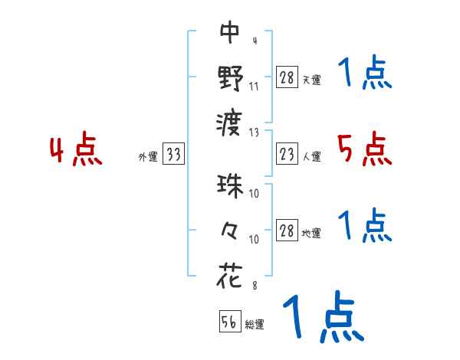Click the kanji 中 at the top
pos(230,32)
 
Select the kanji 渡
pos(230,121)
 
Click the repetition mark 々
pos(230,230)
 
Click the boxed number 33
pos(173,155)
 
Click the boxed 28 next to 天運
pos(287,78)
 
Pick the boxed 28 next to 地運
pos(287,231)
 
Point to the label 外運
pos(147,157)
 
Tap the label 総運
pos(255,324)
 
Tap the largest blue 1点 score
pos(322,318)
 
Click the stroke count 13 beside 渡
pos(254,131)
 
